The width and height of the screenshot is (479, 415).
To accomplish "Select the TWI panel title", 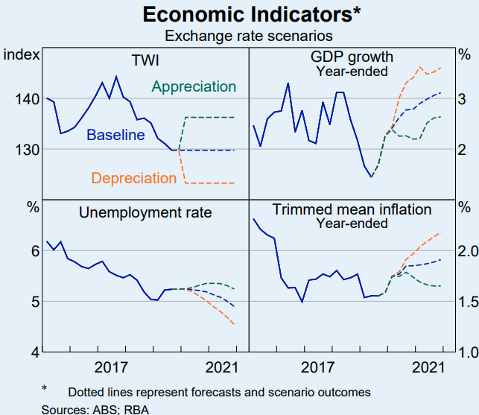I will pos(145,59).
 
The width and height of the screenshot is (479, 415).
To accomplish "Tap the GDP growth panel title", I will pos(352,58).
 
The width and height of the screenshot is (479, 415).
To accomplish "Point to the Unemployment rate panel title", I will pos(145,213).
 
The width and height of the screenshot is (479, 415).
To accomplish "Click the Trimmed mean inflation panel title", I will pos(352,209).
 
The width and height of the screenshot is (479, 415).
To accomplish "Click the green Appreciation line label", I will pos(194,86).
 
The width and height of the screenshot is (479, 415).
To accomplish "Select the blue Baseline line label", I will pos(115,135).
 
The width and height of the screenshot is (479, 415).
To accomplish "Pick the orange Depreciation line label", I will pos(134,178).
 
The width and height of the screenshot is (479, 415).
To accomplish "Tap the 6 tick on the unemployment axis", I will pos(34,251).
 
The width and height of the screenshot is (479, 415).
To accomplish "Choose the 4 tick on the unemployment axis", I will pos(34,352).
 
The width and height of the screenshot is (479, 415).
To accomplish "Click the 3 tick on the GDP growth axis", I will pos(462,98).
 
